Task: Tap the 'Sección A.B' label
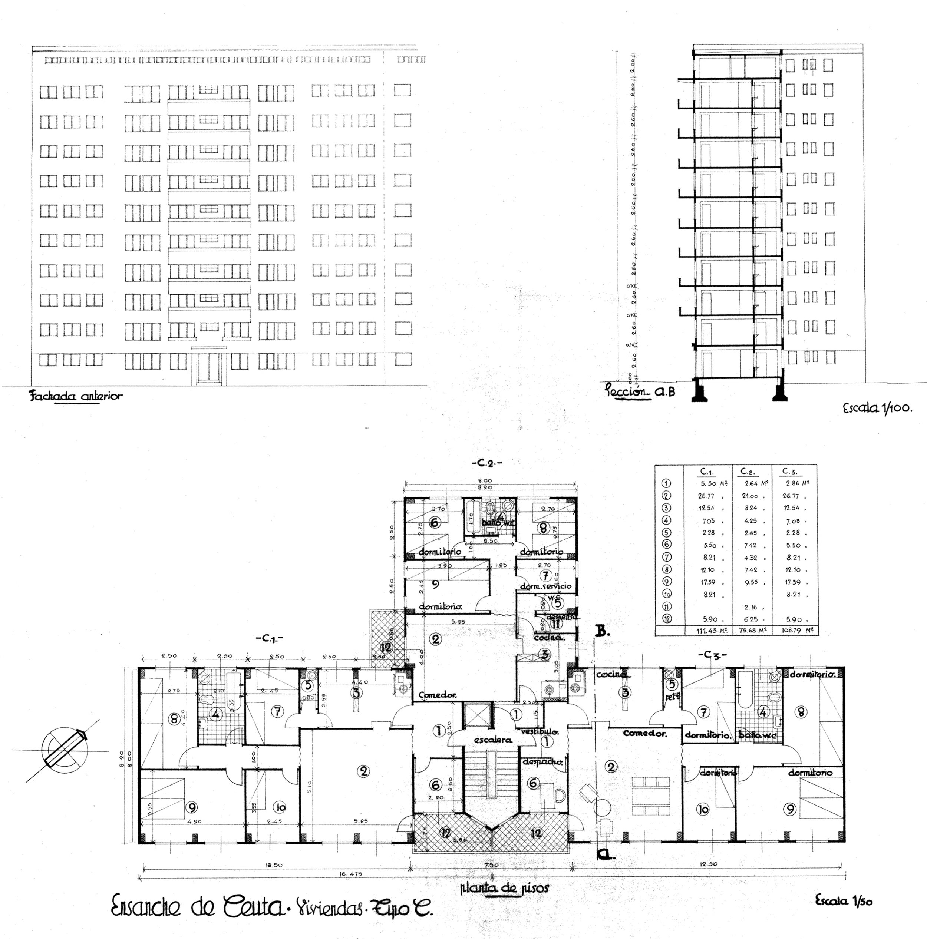tap(640, 391)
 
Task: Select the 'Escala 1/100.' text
tap(877, 408)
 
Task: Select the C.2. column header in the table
tap(747, 472)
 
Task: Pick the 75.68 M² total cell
tap(752, 630)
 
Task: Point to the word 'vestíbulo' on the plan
tap(540, 731)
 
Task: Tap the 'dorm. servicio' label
tap(545, 586)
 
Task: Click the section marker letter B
tap(602, 631)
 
